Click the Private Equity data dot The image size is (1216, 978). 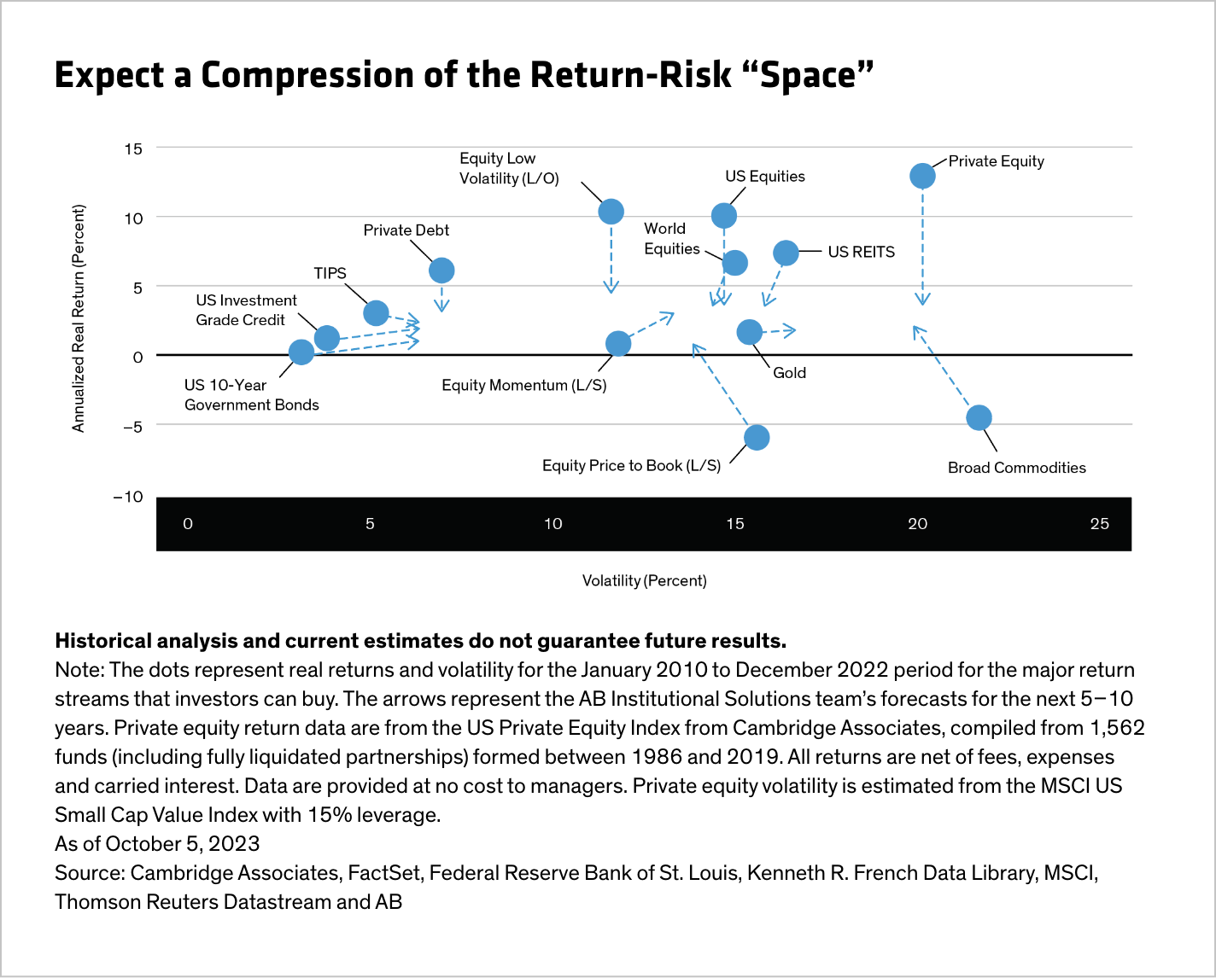922,176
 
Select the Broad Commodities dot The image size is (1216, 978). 979,417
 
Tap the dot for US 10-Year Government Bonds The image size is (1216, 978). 301,352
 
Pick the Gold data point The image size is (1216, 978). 749,331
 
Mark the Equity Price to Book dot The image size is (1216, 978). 757,438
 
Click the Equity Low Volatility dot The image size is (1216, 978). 611,211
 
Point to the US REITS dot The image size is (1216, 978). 786,253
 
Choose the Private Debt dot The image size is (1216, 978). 441,271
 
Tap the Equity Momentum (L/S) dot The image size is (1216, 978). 618,343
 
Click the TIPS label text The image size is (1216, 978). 330,273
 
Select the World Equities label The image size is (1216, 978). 671,238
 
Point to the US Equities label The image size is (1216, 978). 764,177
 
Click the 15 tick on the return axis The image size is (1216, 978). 132,148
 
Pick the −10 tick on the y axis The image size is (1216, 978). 128,497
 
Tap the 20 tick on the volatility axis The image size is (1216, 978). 917,524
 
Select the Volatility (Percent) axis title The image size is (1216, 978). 644,580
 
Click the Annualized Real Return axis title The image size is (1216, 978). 79,318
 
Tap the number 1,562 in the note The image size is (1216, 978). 1108,728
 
